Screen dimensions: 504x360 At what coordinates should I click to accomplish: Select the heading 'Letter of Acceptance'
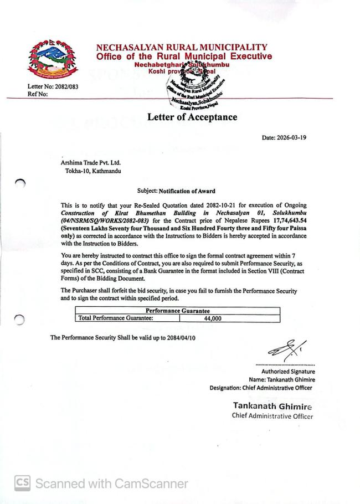click(192, 117)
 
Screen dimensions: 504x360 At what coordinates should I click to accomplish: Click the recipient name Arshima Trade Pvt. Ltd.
click(90, 163)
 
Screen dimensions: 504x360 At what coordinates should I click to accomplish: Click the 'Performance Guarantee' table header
click(177, 311)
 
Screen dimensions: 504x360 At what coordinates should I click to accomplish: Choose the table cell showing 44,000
click(213, 318)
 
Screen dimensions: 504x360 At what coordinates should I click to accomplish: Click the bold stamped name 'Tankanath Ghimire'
click(272, 407)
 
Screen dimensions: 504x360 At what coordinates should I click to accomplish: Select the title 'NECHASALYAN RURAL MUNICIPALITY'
click(181, 48)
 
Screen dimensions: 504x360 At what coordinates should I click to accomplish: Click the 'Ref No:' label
click(37, 94)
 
